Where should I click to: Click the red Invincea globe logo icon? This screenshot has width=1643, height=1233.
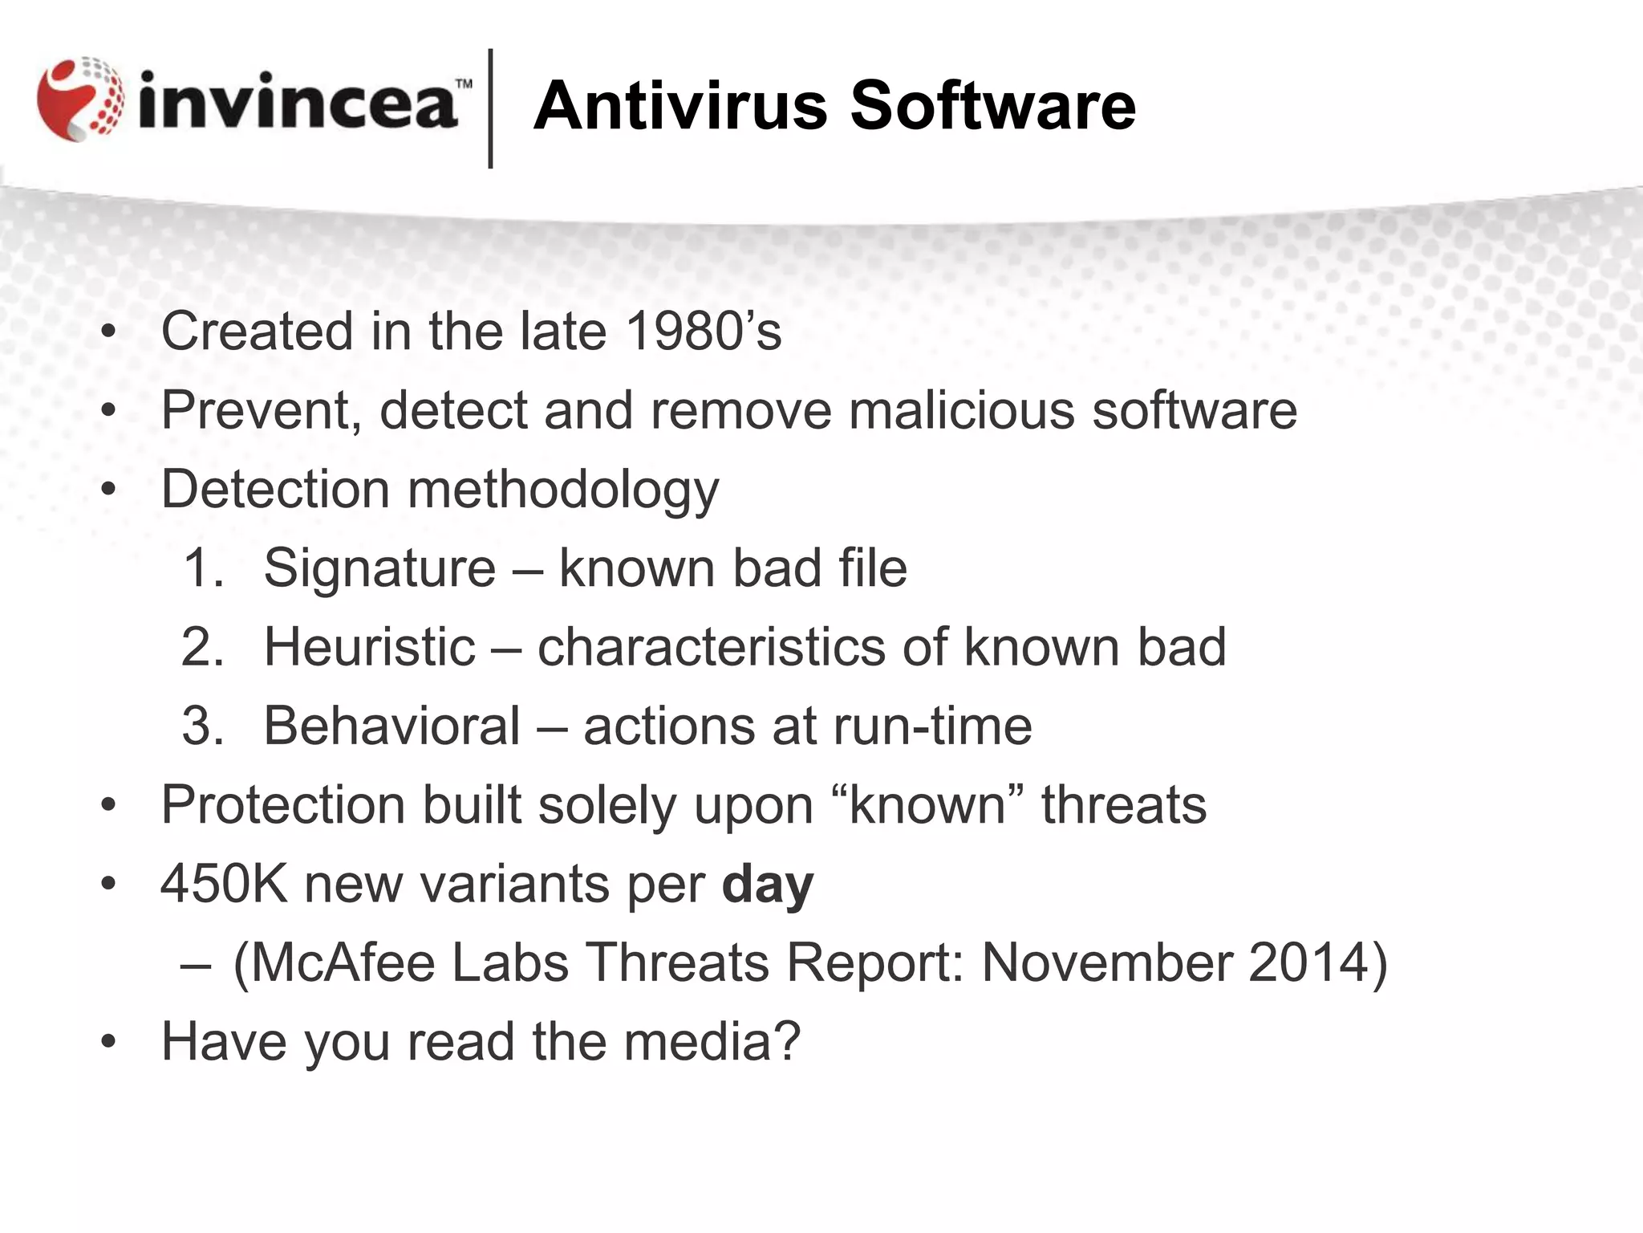[80, 100]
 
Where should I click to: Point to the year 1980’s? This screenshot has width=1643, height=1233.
[703, 331]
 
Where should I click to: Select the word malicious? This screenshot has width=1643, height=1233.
[962, 409]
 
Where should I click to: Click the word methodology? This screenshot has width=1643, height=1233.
[562, 490]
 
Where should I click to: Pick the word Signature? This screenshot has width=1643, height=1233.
[379, 568]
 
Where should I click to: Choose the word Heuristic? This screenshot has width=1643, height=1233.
[369, 647]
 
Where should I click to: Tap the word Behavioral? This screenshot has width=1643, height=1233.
[391, 726]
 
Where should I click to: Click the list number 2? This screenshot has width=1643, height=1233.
[201, 647]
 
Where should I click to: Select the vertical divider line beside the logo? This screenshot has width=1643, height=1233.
[490, 108]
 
